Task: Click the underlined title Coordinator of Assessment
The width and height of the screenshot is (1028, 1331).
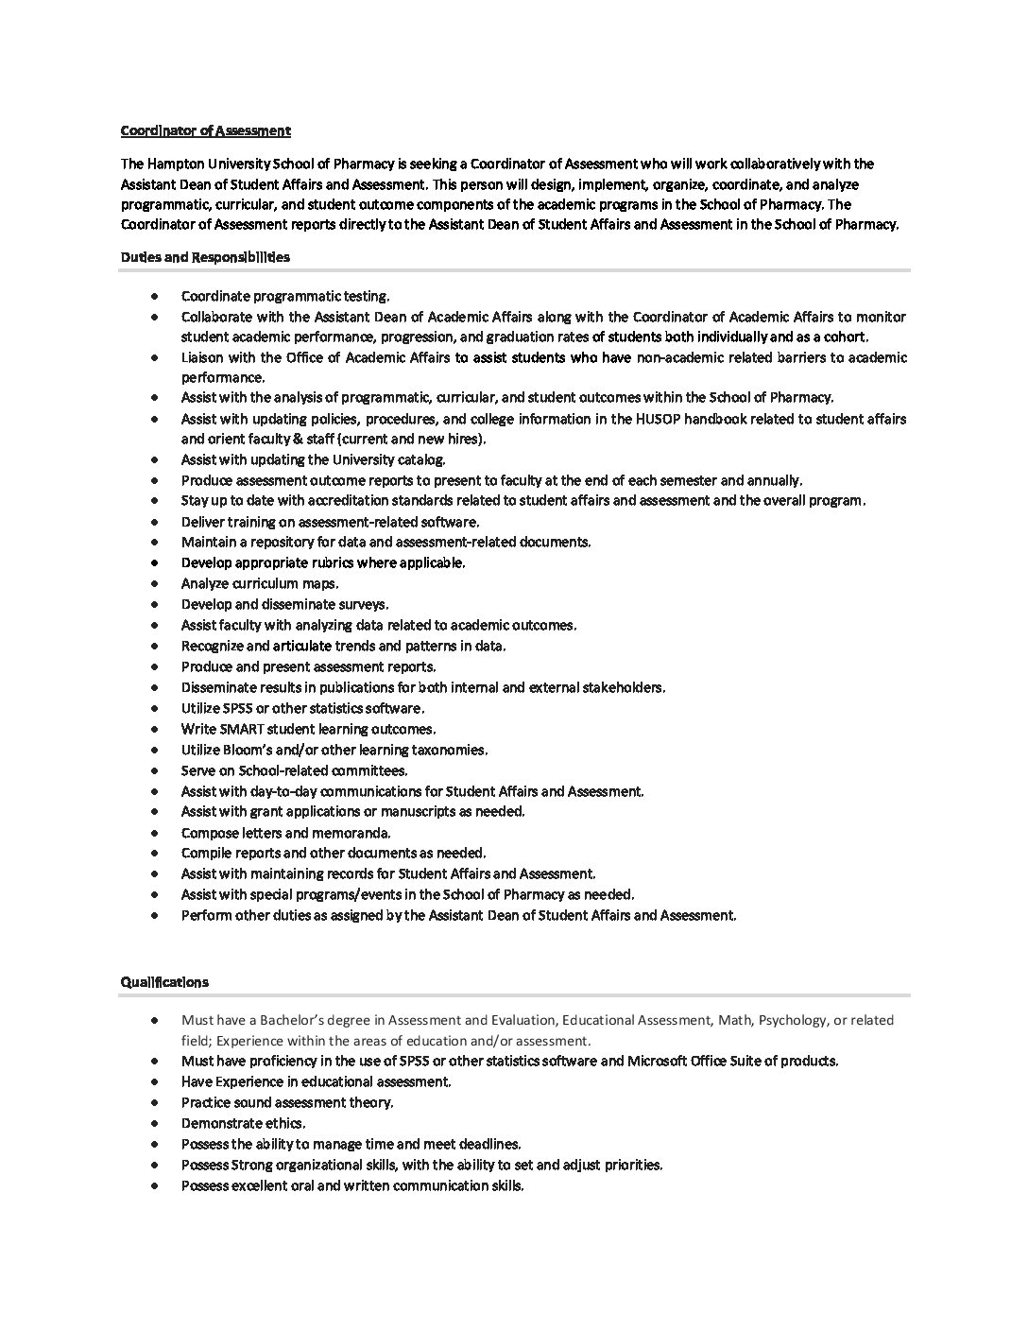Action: (205, 130)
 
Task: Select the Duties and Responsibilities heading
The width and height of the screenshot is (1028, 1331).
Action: (205, 257)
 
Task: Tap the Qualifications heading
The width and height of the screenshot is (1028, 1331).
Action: (164, 982)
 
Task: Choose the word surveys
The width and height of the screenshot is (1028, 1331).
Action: (363, 604)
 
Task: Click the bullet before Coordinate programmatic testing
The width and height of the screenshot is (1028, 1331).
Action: (154, 297)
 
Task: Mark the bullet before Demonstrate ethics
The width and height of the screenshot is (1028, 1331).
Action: (154, 1124)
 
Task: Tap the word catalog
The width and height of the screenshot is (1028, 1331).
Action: (420, 459)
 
